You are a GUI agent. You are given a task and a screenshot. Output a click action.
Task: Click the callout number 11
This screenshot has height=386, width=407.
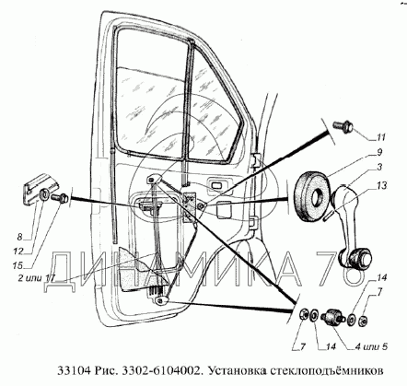(380, 137)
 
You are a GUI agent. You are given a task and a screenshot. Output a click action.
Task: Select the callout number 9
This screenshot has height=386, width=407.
(379, 152)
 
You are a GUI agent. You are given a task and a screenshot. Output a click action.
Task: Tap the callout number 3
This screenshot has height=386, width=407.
(379, 168)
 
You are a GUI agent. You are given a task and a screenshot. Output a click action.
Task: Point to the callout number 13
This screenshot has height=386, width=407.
(382, 185)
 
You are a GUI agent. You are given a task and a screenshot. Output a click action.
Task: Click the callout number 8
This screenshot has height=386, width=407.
(19, 237)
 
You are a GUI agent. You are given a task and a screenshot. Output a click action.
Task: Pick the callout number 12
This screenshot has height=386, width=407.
(18, 251)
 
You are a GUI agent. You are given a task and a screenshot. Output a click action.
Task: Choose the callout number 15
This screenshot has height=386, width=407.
(17, 264)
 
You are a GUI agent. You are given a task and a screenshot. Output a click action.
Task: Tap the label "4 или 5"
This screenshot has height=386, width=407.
(371, 347)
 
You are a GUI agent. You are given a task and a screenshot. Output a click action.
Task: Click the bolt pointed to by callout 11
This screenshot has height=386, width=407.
(343, 126)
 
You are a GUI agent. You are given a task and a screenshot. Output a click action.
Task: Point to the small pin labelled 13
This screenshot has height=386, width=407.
(329, 213)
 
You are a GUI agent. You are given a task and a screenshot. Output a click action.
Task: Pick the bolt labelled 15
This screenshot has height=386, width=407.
(60, 198)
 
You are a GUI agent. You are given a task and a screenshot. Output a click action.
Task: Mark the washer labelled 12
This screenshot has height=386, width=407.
(45, 194)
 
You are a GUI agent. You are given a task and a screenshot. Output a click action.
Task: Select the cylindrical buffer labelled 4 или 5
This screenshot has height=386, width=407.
(332, 318)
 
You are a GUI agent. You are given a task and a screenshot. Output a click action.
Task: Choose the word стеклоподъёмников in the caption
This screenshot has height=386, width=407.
(327, 370)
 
